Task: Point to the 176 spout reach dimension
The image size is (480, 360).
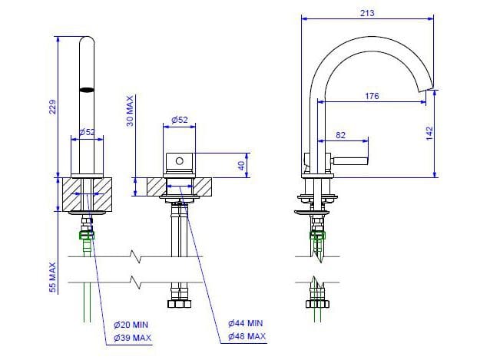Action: (372, 96)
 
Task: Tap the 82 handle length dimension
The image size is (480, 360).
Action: (340, 135)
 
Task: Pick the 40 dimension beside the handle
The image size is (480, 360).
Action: (241, 164)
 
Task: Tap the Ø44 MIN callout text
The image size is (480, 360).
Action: (247, 323)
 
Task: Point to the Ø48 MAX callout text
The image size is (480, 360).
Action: (247, 337)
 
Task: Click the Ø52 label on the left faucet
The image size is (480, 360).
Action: (87, 132)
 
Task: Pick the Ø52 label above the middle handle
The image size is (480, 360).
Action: (180, 119)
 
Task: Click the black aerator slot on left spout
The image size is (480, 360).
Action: (88, 89)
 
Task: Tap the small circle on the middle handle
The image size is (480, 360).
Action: (180, 161)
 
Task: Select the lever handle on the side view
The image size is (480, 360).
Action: (349, 160)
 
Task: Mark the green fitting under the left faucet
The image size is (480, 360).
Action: (86, 235)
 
